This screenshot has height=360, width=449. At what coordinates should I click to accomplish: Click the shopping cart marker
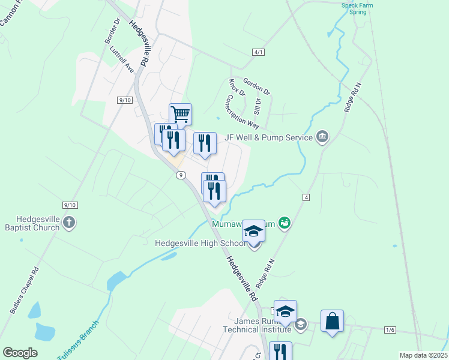pos(180,113)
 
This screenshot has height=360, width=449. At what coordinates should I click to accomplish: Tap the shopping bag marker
pos(332,321)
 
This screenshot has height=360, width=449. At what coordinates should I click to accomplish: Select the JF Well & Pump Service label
pos(268,137)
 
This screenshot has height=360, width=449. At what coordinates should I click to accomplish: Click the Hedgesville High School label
pos(200,243)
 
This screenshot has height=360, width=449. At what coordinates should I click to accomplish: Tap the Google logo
pos(20,353)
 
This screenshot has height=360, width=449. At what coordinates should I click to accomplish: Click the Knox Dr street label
pos(237,87)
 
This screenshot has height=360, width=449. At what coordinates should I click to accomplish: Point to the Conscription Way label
pos(243,112)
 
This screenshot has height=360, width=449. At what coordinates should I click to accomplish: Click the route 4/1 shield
pos(259,52)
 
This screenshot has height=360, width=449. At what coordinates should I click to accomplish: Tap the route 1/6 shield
pos(390,330)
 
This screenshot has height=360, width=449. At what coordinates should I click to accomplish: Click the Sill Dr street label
pos(258,106)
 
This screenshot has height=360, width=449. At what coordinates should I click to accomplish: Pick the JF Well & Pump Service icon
pos(322,137)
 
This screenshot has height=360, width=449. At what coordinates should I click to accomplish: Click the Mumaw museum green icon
pos(285,224)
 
